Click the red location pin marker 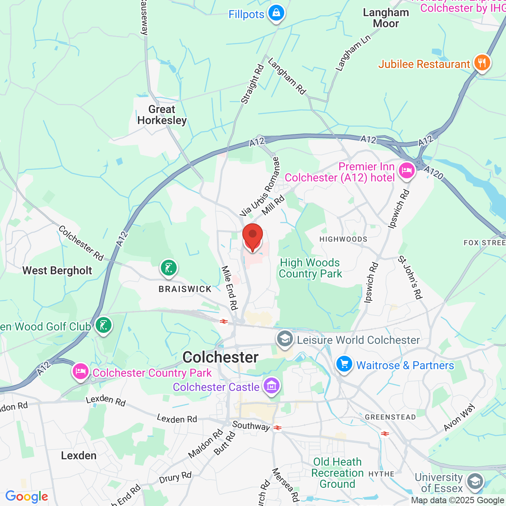[x=252, y=237]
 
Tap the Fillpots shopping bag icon [x=276, y=13]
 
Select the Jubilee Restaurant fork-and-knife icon [x=482, y=63]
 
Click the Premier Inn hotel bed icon [x=406, y=171]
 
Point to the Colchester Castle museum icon [x=271, y=386]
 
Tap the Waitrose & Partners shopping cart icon [x=344, y=364]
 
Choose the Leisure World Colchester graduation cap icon [x=285, y=339]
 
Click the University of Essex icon [x=475, y=481]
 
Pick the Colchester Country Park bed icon [x=80, y=372]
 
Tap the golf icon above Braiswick [x=169, y=268]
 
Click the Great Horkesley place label [x=162, y=115]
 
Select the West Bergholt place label [x=57, y=271]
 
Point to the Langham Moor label [x=386, y=18]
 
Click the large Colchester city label [x=221, y=357]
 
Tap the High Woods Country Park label [x=310, y=268]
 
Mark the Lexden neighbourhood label [x=79, y=456]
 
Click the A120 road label [x=433, y=172]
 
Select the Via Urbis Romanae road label [x=260, y=187]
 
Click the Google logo [x=27, y=497]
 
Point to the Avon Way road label [x=459, y=417]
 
